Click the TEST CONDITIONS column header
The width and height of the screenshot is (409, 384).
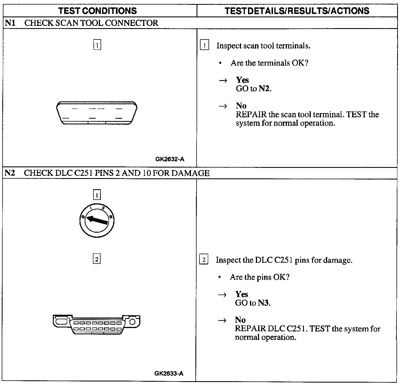[x=97, y=11]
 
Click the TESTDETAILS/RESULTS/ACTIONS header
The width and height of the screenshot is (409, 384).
[x=297, y=11]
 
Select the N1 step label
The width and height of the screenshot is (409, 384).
[x=10, y=23]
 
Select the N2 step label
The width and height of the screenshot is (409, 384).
[x=10, y=173]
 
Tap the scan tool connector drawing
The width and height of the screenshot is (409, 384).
[x=97, y=113]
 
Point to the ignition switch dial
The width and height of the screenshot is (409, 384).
[x=97, y=221]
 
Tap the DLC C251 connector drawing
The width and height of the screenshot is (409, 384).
[x=97, y=324]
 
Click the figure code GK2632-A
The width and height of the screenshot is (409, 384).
[x=170, y=159]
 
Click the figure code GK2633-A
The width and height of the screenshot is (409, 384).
[x=169, y=373]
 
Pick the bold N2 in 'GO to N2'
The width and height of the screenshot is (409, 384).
[x=264, y=89]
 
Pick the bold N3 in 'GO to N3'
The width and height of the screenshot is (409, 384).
[x=263, y=303]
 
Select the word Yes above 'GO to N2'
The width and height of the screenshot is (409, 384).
[x=242, y=80]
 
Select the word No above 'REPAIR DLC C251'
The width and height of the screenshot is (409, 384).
[x=240, y=320]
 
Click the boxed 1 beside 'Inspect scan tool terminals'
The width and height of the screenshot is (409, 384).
[x=204, y=45]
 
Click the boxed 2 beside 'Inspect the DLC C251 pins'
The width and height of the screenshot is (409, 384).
[x=204, y=260]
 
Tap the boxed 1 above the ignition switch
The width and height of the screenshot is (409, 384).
[x=97, y=195]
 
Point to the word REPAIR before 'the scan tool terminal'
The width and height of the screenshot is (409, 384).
[x=251, y=114]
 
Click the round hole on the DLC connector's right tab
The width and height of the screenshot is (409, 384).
[x=132, y=322]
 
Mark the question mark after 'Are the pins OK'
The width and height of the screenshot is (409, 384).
[x=287, y=277]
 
